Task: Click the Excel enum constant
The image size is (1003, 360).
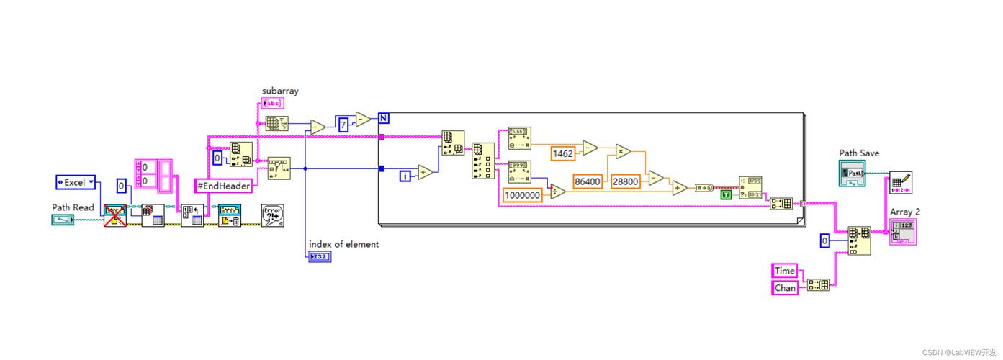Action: coord(76,182)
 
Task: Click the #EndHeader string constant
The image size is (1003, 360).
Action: coord(224,186)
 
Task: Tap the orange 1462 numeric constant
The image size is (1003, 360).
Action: coord(562,153)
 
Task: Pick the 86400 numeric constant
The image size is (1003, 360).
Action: coord(588,181)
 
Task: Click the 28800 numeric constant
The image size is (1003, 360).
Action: coord(626,181)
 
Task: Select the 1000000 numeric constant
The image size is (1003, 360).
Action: coord(522,194)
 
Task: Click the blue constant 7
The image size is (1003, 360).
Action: coord(343,125)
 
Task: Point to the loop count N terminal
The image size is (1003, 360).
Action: coord(383,118)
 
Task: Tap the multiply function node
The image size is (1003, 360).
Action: coord(623,151)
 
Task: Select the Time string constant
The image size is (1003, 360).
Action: coord(784,271)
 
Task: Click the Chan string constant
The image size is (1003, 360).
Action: coord(784,287)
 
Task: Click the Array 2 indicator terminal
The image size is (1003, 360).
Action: coord(903,232)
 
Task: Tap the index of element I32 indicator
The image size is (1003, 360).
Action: coord(319,257)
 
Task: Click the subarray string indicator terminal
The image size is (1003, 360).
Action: coord(273,103)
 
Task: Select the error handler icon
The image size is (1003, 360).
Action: coord(272,215)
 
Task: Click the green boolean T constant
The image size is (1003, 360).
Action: coord(726,194)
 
